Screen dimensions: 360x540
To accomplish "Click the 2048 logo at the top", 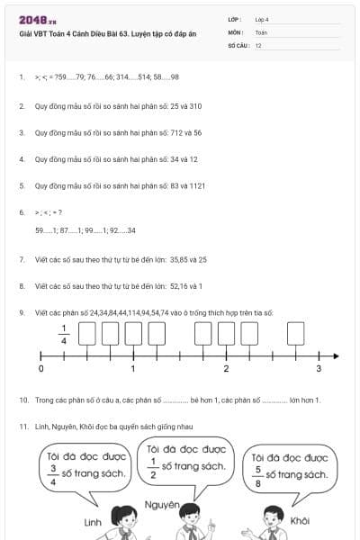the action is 35,20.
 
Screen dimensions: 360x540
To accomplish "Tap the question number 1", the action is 21,77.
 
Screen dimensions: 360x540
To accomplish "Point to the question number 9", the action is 21,312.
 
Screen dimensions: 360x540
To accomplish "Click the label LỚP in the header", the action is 235,19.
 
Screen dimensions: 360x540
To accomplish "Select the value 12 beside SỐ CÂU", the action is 258,44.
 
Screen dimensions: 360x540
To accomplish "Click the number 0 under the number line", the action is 41,369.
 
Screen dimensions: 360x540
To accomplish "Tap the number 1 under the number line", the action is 133,369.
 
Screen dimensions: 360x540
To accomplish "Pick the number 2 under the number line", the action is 226,369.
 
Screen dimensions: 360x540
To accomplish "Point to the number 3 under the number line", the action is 318,369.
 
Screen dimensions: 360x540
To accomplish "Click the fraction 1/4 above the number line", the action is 64,334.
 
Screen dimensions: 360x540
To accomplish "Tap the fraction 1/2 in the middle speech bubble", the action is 153,465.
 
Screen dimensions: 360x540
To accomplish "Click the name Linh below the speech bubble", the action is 92,521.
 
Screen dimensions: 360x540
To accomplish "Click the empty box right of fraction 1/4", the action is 88,334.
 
